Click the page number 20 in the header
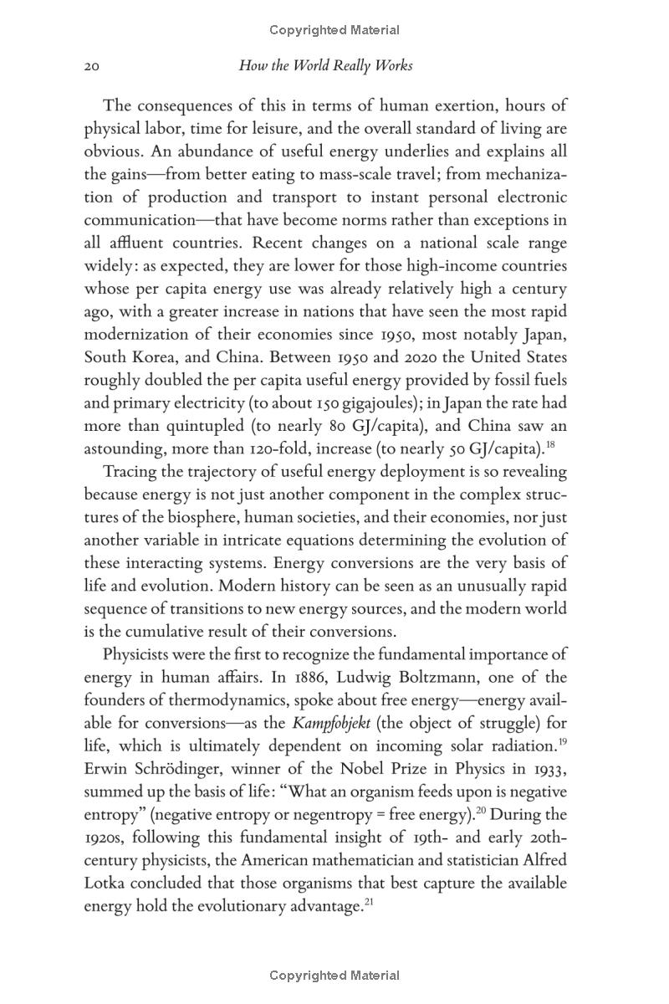tap(92, 66)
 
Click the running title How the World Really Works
tap(325, 65)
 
